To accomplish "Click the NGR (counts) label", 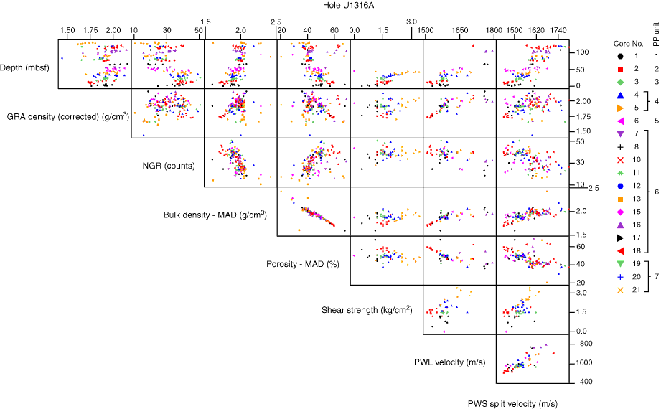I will pos(167,164).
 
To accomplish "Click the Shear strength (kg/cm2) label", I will pos(367,311).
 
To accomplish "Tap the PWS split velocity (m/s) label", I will pos(512,403).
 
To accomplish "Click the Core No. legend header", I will pos(629,44).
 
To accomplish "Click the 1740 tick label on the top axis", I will pos(558,31).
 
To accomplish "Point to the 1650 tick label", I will pos(460,31).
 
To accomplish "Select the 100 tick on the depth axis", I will pos(583,52).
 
